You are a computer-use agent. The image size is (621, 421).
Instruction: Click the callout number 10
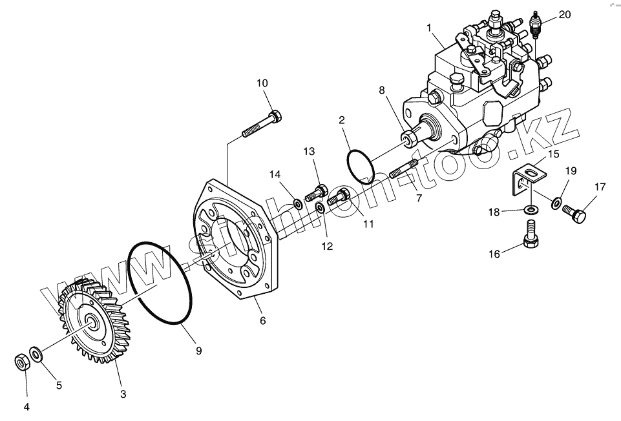[x=262, y=83]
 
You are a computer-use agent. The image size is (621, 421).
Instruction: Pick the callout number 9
[x=199, y=351]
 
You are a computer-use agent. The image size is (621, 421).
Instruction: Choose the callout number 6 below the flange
[x=262, y=320]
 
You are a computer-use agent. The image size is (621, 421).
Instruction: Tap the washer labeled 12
[x=321, y=209]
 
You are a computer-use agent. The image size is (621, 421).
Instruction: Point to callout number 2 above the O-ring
[x=341, y=119]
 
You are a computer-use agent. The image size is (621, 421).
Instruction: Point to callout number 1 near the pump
[x=428, y=28]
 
